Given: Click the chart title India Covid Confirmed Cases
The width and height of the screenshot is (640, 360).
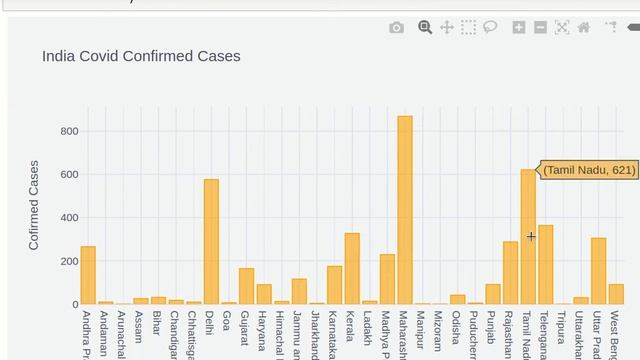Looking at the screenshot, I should [141, 56].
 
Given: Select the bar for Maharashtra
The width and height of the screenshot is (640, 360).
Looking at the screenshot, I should [404, 210].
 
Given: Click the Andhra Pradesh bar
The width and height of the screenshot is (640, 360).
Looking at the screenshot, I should [88, 275].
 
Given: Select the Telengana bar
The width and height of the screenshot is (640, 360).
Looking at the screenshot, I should [545, 264].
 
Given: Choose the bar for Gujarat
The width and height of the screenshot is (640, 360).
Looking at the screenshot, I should [246, 286].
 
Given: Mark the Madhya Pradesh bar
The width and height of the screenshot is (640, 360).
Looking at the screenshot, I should [387, 279].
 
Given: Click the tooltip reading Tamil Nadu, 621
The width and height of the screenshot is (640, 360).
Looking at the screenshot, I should [590, 170].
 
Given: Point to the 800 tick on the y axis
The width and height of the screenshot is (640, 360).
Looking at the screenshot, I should [68, 131].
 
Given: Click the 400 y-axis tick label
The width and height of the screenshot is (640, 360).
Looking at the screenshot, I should [68, 218].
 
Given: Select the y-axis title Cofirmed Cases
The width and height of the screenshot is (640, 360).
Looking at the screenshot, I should [34, 205].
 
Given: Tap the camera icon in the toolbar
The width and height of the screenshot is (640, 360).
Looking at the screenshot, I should [397, 28].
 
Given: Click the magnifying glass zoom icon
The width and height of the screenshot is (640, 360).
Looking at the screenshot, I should [425, 28].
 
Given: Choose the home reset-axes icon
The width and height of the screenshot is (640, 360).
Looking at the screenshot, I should [584, 28].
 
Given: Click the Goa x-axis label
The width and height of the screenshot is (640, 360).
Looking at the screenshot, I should [228, 320].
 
